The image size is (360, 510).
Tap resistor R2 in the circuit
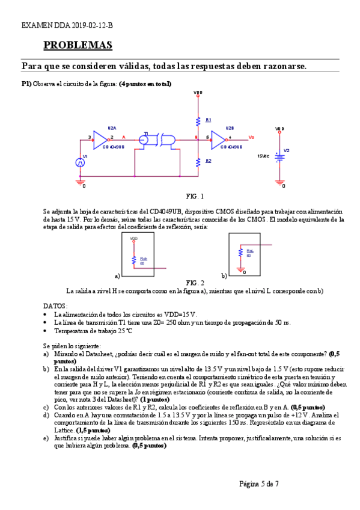click(198, 161)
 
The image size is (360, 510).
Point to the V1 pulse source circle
click(80, 162)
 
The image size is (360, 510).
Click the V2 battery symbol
click(279, 156)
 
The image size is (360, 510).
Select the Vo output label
click(251, 137)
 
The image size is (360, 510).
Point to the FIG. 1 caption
click(195, 197)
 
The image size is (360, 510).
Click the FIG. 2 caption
click(195, 283)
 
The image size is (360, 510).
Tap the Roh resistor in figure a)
click(133, 259)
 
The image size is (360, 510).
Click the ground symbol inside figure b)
click(240, 270)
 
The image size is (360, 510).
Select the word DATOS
click(56, 306)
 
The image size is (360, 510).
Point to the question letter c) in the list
click(46, 407)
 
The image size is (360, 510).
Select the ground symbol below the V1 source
click(80, 182)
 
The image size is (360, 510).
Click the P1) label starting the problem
click(26, 84)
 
